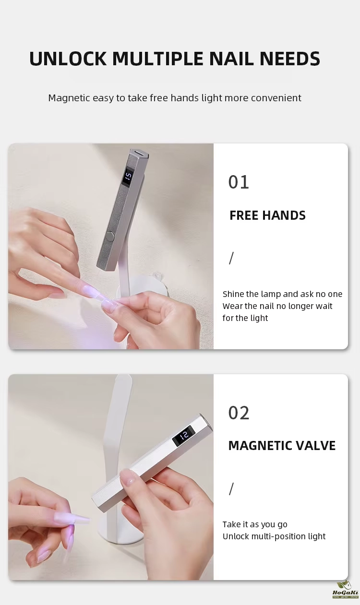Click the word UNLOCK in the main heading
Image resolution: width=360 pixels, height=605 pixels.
tap(68, 59)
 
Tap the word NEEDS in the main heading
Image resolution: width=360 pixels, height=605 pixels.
tap(290, 59)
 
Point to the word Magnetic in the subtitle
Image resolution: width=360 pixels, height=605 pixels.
tap(69, 98)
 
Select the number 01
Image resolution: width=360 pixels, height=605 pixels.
tap(239, 182)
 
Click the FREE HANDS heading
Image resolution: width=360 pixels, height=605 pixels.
tap(267, 215)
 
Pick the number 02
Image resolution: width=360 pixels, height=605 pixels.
tap(239, 413)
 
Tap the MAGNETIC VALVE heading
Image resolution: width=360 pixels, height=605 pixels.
tap(282, 446)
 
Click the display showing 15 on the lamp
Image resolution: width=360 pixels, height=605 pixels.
tap(128, 177)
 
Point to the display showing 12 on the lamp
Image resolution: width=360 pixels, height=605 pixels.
tap(183, 435)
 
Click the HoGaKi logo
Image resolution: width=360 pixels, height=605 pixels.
tap(346, 593)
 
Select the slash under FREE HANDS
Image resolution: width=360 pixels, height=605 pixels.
tap(231, 258)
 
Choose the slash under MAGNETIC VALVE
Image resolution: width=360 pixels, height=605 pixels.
tap(231, 489)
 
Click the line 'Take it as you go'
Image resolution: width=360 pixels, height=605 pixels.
tap(255, 524)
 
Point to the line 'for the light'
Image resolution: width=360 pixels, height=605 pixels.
tap(245, 318)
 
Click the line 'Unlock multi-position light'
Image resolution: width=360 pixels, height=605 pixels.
tap(274, 536)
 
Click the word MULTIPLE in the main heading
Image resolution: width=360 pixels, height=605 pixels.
tap(157, 59)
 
